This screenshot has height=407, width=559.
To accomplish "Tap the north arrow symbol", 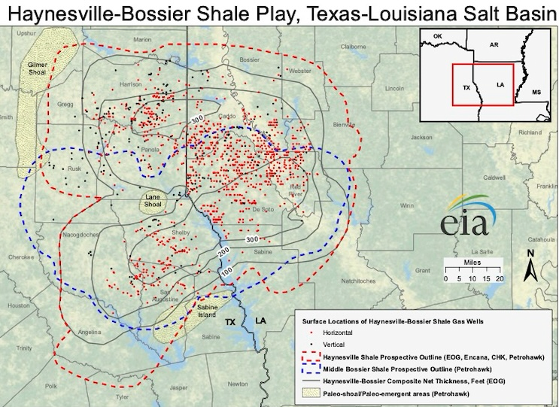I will click(530, 267).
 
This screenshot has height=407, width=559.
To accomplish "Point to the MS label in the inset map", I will click(536, 92).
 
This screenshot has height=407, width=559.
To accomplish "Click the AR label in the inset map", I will click(494, 45).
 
